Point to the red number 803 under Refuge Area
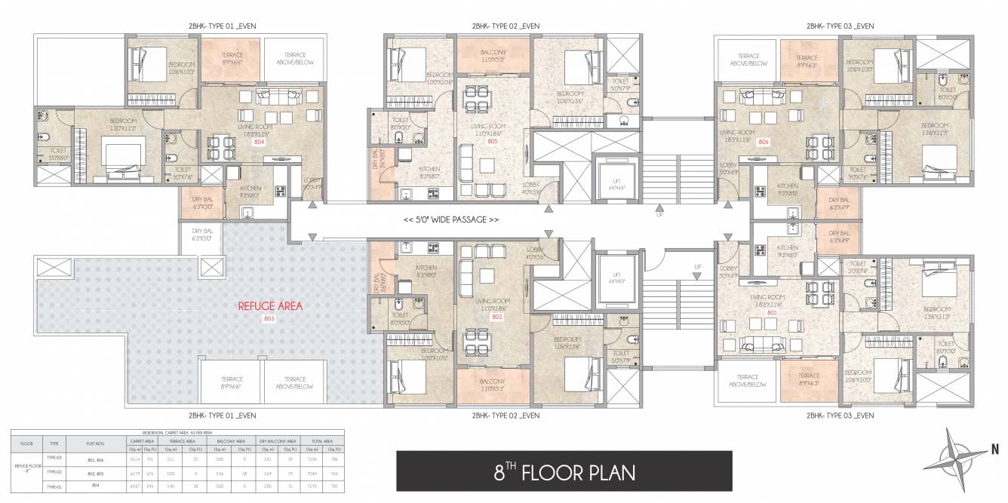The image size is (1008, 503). (270, 319)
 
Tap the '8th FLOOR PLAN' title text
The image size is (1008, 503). (564, 472)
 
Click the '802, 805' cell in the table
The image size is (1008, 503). (94, 471)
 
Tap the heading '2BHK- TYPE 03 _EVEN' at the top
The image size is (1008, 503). (840, 26)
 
